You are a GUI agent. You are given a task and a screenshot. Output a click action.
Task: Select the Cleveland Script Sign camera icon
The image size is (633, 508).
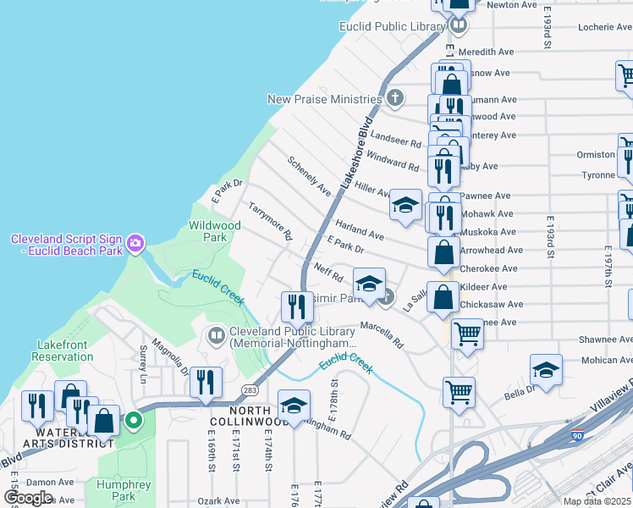click(135, 245)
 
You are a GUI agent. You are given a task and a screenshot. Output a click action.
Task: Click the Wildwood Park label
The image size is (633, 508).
click(216, 231)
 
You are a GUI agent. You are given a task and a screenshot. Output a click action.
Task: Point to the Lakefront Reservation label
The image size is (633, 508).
click(63, 351)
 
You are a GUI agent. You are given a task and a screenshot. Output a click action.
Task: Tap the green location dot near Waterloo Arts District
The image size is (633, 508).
click(133, 419)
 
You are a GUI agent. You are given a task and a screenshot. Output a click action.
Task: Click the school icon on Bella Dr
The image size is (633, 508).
click(546, 370)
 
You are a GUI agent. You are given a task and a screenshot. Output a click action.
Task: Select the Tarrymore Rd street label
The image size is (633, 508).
click(270, 220)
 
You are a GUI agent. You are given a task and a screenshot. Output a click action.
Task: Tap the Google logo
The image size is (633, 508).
click(28, 497)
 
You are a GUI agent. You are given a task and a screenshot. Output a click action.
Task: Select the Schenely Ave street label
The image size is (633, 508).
click(309, 175)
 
